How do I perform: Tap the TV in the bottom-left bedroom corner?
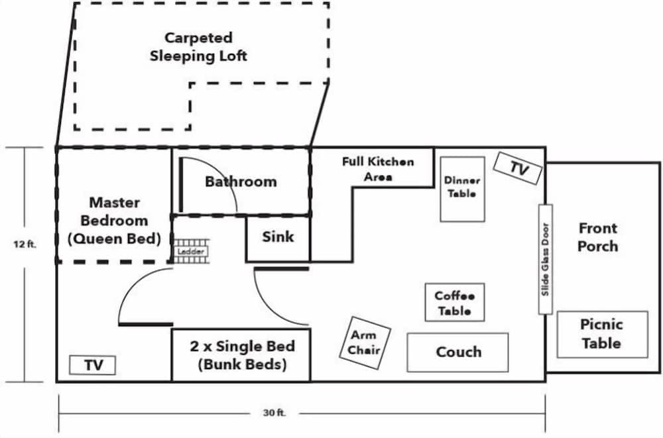click(x=92, y=365)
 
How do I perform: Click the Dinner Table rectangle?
click(x=461, y=188)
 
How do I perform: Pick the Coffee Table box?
click(x=454, y=303)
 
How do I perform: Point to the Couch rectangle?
click(x=457, y=352)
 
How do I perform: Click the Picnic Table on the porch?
click(x=601, y=334)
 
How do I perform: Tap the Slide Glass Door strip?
click(x=545, y=259)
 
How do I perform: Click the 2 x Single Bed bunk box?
click(x=241, y=356)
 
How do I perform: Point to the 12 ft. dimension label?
click(x=25, y=244)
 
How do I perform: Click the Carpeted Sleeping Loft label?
click(x=198, y=47)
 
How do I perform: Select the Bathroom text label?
click(x=240, y=182)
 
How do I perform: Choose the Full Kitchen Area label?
click(x=378, y=169)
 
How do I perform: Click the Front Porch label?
click(x=597, y=237)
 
